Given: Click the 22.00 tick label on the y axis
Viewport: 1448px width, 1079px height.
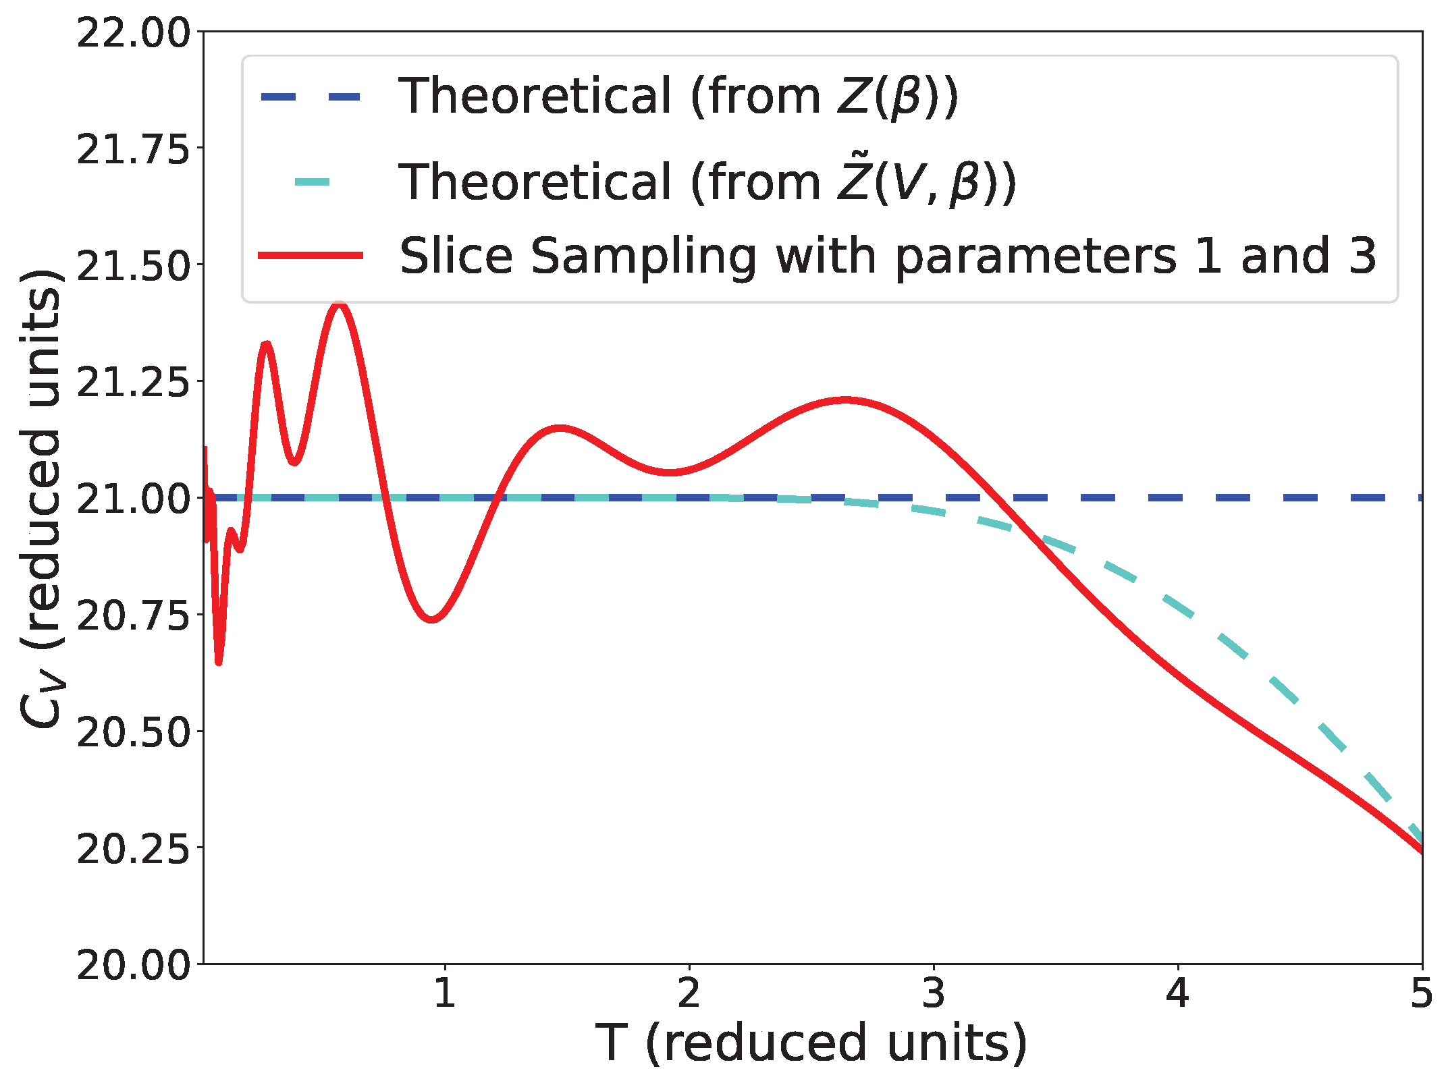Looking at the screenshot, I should [134, 33].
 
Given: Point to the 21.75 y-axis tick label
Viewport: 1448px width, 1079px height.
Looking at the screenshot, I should [134, 149].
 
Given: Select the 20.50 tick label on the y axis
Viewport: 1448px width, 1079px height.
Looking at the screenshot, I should [134, 732].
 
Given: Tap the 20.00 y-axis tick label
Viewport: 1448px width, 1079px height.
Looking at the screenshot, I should [134, 966].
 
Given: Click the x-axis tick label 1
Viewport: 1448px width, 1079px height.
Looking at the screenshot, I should [444, 993].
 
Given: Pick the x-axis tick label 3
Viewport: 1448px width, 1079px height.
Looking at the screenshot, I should [934, 993].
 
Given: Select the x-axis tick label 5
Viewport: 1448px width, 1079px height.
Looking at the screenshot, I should [1422, 993].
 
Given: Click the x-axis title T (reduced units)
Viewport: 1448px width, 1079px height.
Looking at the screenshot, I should [811, 1043].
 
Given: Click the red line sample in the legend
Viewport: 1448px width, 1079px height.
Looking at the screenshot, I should [311, 255].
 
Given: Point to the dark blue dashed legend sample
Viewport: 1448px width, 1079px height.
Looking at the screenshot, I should [311, 98].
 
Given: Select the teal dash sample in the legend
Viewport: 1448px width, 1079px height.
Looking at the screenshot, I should [313, 182].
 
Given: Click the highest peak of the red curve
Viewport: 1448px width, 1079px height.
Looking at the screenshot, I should [340, 306].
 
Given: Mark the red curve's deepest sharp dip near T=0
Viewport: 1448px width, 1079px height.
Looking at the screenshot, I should [219, 662].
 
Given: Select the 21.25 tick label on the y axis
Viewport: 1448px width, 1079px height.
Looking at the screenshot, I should [134, 383].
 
